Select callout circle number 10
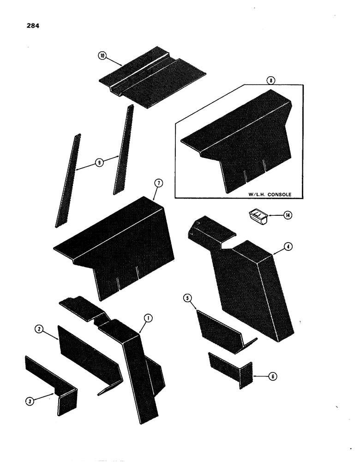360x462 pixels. click(x=102, y=56)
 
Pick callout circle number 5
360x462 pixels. click(x=187, y=298)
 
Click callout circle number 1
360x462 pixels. click(x=148, y=317)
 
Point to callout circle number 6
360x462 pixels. click(x=273, y=377)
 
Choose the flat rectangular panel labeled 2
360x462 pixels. click(x=88, y=356)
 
